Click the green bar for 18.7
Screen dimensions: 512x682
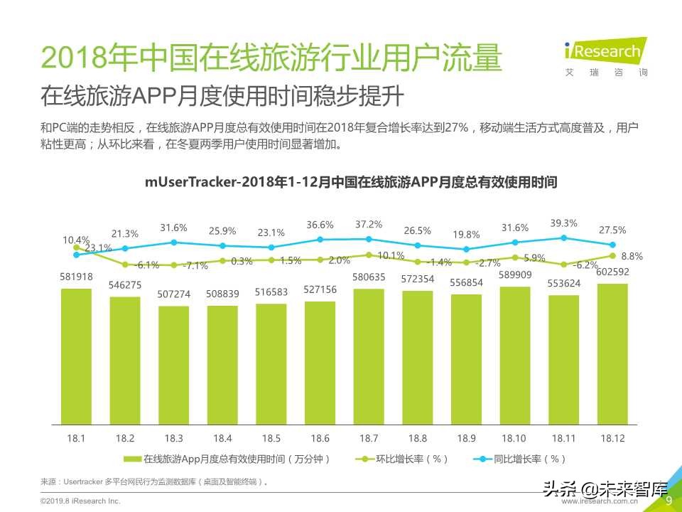pos(368,356)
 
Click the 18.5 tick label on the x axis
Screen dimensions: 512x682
pos(271,438)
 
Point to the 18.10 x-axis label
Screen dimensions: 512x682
pos(515,438)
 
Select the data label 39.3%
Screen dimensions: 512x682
pos(563,223)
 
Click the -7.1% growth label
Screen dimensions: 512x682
pos(195,265)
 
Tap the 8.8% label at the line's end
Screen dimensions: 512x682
pos(632,256)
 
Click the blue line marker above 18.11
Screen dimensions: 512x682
pos(563,238)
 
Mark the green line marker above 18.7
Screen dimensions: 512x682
pos(368,255)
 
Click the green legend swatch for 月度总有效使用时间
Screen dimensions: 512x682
pos(133,459)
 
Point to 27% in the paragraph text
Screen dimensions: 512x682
pos(458,128)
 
